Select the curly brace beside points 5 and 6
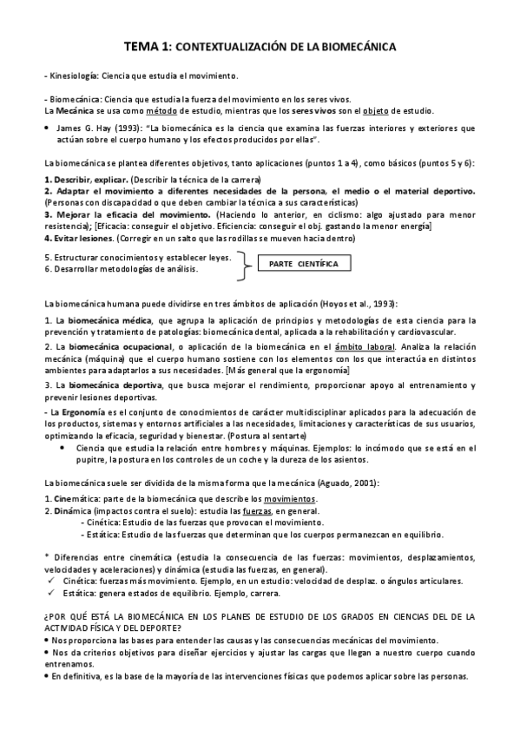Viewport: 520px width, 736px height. click(247, 264)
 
